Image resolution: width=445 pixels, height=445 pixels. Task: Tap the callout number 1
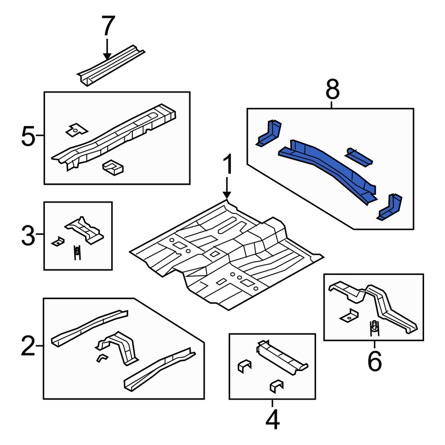227,164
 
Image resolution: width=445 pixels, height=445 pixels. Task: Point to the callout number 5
28,136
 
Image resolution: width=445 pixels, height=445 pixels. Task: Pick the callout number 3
28,235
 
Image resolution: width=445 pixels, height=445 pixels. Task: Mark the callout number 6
375,361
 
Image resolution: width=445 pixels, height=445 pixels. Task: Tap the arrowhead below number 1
227,195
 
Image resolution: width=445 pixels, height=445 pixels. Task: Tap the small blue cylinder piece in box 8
358,157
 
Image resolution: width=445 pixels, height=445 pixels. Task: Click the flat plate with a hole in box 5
77,130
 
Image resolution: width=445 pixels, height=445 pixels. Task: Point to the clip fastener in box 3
77,252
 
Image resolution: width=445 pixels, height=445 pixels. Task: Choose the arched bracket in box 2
119,347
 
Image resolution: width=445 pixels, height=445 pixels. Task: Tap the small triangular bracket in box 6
349,316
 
